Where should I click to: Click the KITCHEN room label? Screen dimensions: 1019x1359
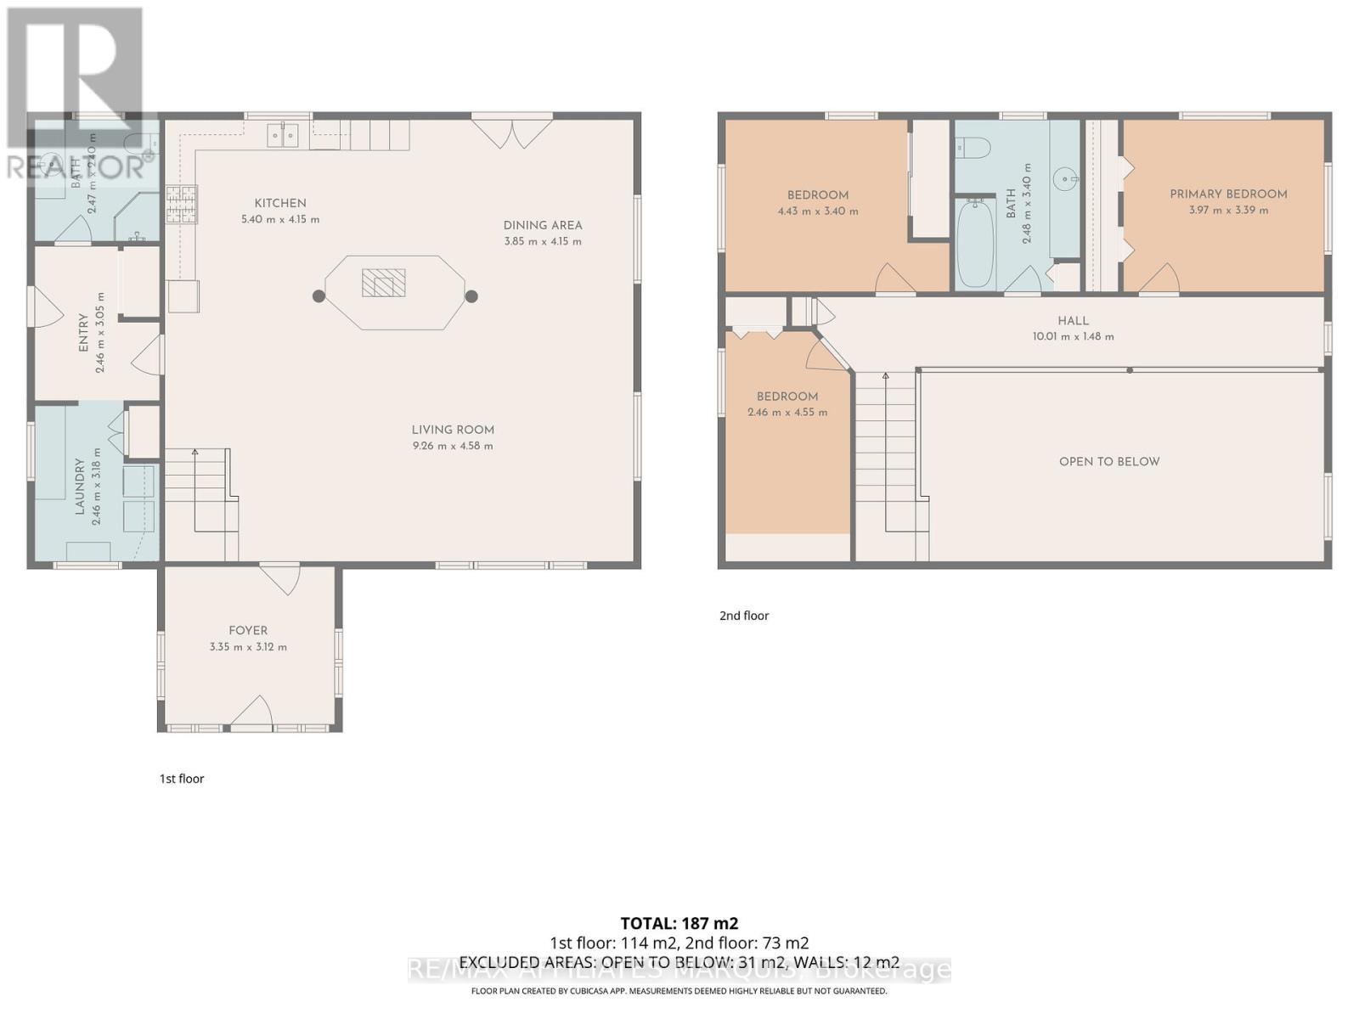[280, 203]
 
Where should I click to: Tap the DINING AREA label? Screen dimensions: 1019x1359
[543, 225]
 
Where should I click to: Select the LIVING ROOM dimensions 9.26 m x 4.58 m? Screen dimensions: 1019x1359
[453, 446]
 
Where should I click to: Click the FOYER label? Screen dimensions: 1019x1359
[248, 630]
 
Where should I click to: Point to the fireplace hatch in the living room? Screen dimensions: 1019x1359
[384, 283]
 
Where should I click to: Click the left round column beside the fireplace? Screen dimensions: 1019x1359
[319, 296]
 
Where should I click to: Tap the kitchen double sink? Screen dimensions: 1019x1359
[283, 134]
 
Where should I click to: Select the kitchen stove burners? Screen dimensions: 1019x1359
[181, 205]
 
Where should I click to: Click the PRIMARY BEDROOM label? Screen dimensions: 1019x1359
[1228, 194]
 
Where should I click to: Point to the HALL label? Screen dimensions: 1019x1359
[1073, 320]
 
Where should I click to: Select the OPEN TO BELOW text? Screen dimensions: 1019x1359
[1108, 461]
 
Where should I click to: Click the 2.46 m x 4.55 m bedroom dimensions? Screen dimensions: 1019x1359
[787, 412]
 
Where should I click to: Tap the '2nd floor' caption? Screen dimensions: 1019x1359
[744, 616]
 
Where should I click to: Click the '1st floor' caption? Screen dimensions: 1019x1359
[182, 778]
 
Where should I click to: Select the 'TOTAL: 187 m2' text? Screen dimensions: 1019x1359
[679, 923]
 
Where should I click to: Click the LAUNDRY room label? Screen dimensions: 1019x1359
[80, 486]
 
